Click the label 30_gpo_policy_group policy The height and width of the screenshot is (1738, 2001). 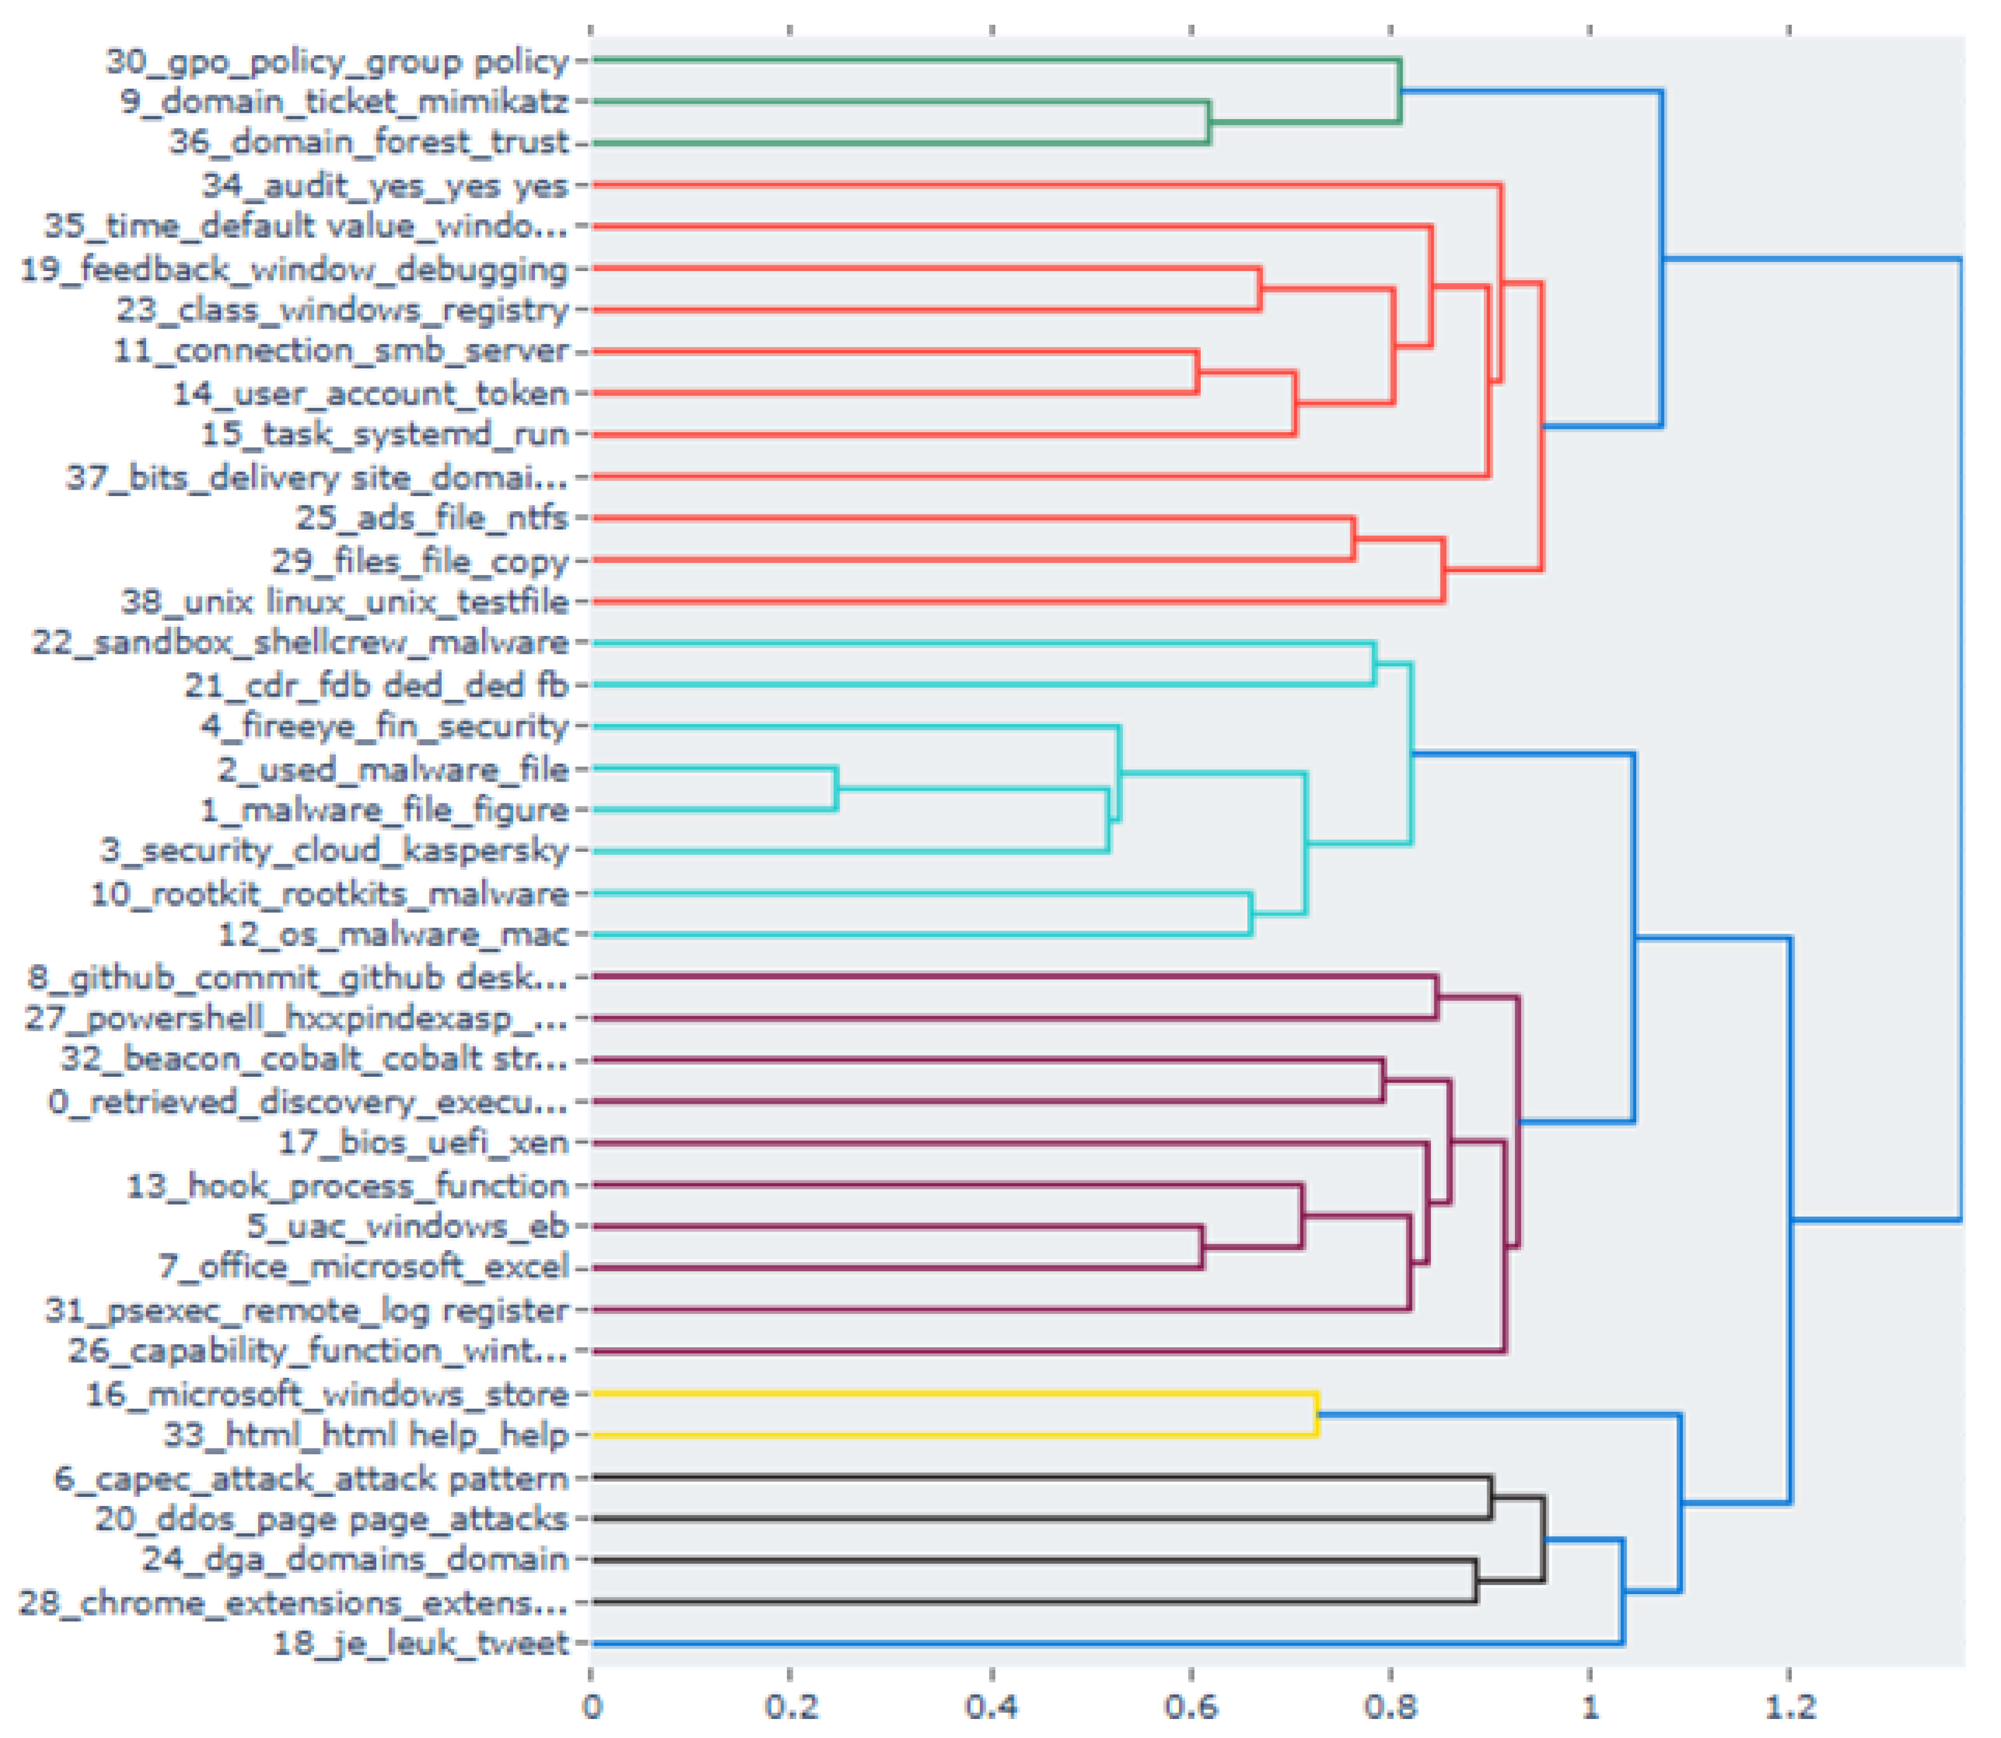tap(337, 61)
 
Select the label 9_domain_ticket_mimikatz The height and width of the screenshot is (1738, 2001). tap(344, 102)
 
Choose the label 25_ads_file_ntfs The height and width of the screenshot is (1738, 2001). tap(431, 518)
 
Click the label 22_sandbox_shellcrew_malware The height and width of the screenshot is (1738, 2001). tap(300, 643)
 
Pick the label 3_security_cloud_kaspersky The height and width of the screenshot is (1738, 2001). tap(334, 851)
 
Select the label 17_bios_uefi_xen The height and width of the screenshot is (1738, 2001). tap(423, 1142)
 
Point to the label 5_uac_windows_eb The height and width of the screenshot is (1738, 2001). tap(407, 1226)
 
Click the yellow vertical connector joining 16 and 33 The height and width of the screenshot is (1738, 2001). tap(1316, 1414)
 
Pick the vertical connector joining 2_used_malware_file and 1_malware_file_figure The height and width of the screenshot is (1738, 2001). tap(836, 788)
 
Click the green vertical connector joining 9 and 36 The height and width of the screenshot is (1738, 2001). tap(1208, 122)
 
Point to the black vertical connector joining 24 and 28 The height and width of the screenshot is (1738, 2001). tap(1476, 1581)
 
